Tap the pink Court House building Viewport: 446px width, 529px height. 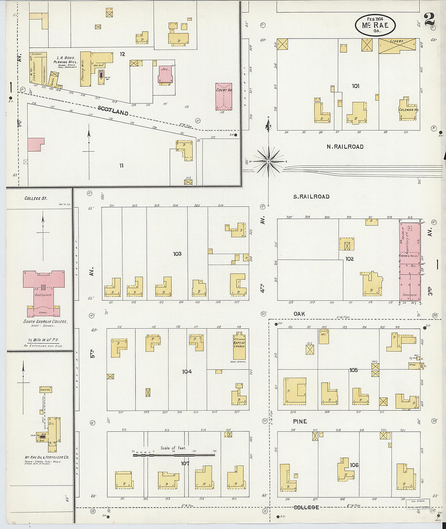pos(224,97)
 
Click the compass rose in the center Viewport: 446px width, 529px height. pos(268,161)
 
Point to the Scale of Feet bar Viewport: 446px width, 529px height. pos(174,455)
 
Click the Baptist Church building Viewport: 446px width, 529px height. pos(239,345)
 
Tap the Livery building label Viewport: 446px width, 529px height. pos(397,42)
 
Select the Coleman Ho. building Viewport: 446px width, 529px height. pos(408,109)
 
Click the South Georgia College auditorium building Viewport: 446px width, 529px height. pos(43,290)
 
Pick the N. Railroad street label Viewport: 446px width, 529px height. pos(345,147)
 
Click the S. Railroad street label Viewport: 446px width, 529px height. pos(311,197)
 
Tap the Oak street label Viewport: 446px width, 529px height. pos(299,314)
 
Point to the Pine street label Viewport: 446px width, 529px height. pos(300,422)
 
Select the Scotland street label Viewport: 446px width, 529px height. pos(113,111)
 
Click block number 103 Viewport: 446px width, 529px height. pos(177,254)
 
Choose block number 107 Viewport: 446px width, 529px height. pos(185,463)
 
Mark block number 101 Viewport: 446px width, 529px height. pos(355,86)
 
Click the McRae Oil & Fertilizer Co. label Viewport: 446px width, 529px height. pos(47,457)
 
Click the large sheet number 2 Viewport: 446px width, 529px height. pos(429,19)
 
